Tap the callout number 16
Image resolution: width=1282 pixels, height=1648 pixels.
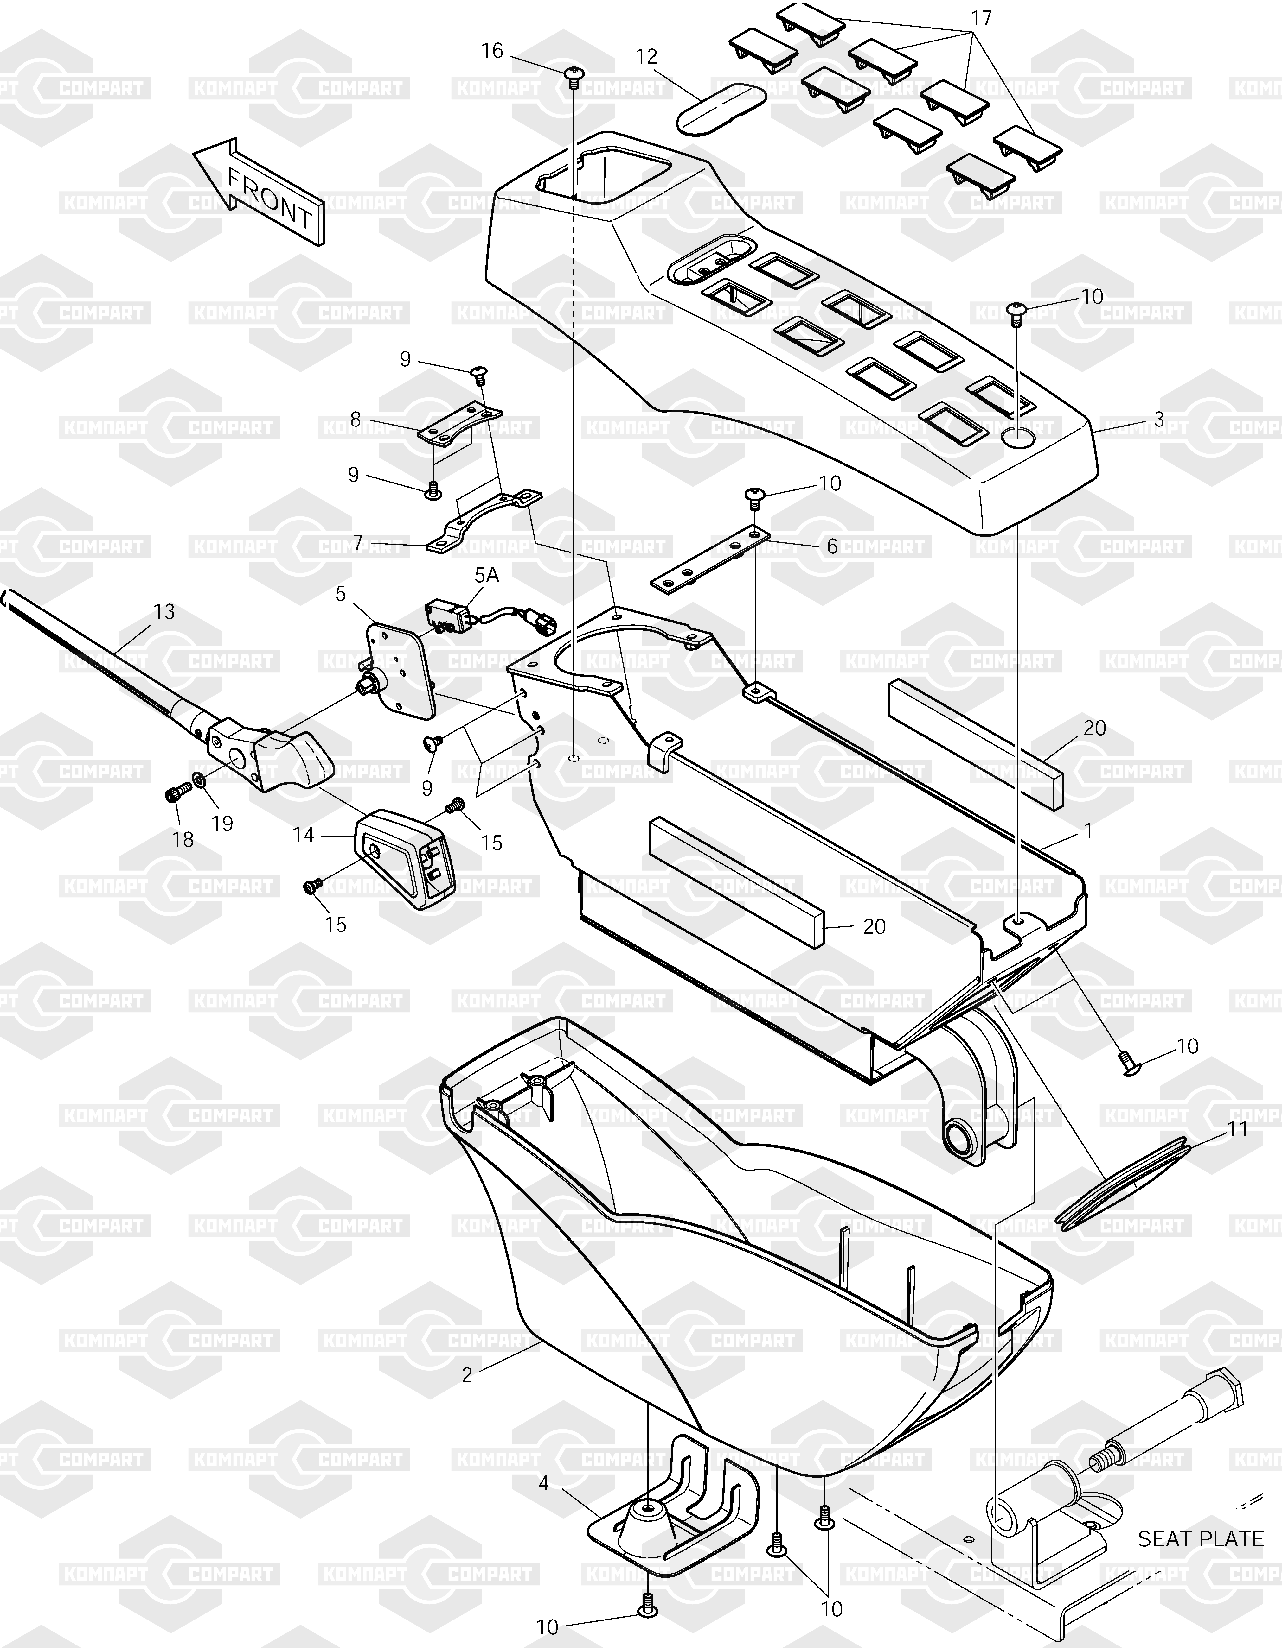[x=492, y=51]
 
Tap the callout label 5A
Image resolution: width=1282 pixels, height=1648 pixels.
[x=487, y=576]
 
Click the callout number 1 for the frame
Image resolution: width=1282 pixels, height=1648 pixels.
[x=1088, y=831]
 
